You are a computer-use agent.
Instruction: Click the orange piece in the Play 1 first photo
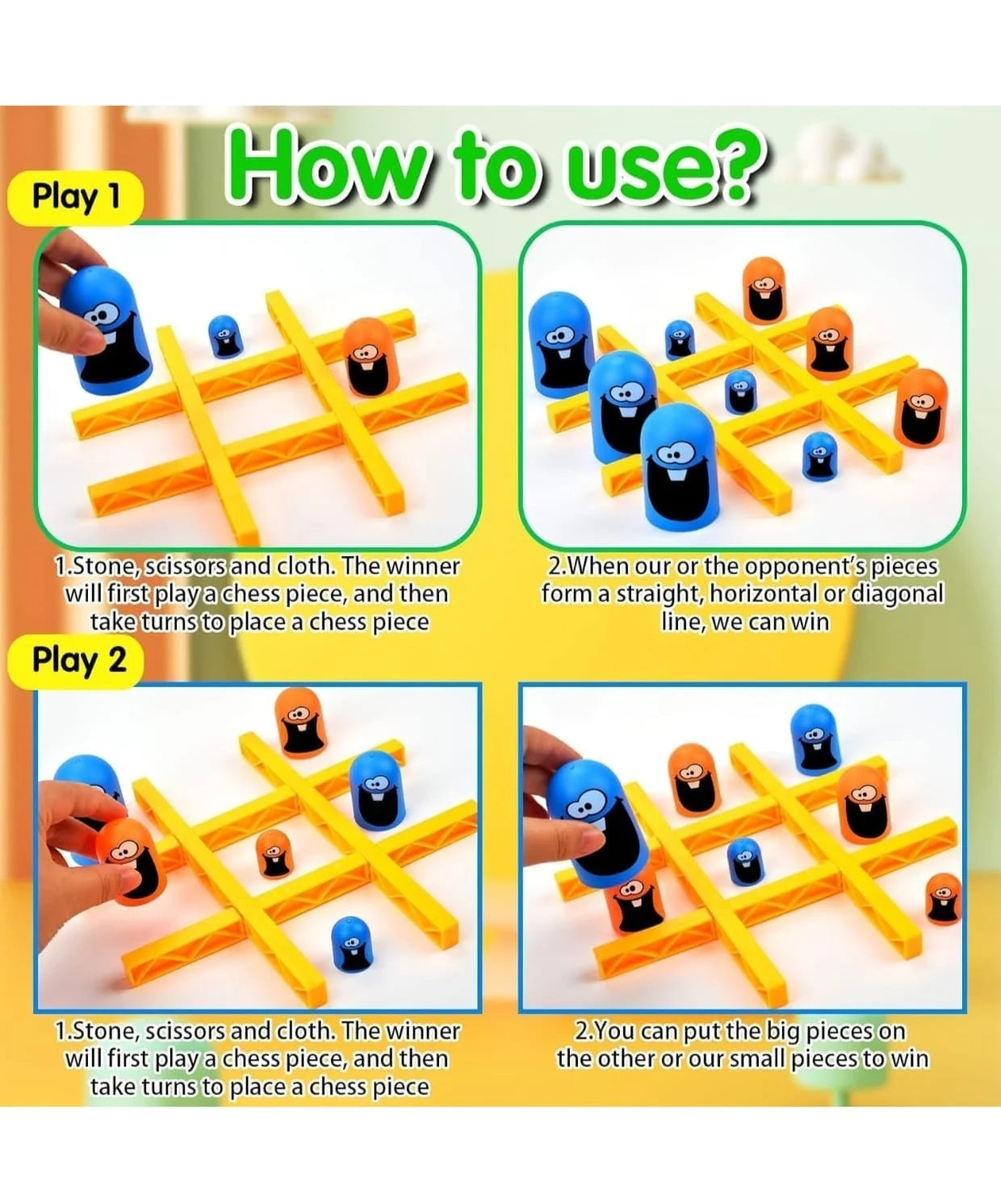pyautogui.click(x=371, y=357)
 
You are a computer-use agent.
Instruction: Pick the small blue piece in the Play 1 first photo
pyautogui.click(x=225, y=336)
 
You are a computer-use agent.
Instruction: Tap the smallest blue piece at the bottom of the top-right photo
pyautogui.click(x=819, y=456)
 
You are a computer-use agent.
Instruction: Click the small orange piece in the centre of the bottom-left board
pyautogui.click(x=274, y=853)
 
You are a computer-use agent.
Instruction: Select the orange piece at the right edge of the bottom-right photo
pyautogui.click(x=943, y=899)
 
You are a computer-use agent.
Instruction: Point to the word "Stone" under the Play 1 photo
pyautogui.click(x=104, y=567)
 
